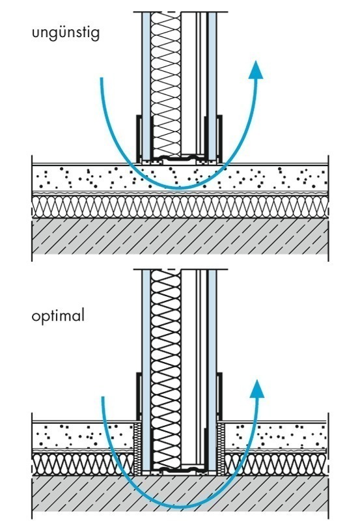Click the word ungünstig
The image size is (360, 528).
coord(66,34)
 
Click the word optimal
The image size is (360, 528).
coord(57,316)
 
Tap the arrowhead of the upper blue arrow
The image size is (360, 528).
coord(256,70)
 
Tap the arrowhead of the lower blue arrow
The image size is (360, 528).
coord(257,388)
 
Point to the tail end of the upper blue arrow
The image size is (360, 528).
coord(101,78)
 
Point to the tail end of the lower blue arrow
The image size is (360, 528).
coord(103,397)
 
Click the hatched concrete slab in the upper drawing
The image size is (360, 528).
coord(180,236)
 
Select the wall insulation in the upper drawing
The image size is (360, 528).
coord(166,84)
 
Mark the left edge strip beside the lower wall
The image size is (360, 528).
coord(138,449)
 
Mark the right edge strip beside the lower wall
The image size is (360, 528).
coord(221,449)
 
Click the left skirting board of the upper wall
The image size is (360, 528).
coord(139,138)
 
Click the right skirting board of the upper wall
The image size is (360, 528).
coord(219,138)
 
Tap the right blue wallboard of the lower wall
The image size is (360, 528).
coord(212,370)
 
